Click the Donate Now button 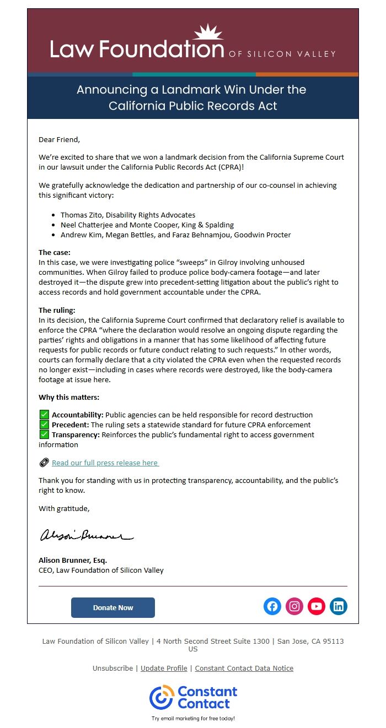[x=113, y=607]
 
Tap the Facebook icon [x=272, y=607]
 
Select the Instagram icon [x=294, y=607]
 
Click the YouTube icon [x=317, y=607]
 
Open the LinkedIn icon [x=339, y=607]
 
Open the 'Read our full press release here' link [x=105, y=463]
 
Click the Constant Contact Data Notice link [x=244, y=668]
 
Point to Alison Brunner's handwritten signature [x=86, y=535]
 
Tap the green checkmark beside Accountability [x=44, y=415]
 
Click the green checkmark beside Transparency [x=44, y=434]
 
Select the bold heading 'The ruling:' [x=57, y=310]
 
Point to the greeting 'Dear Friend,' [x=59, y=139]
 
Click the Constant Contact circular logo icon [x=162, y=697]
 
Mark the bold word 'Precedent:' [x=71, y=425]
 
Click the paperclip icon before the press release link [x=44, y=463]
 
